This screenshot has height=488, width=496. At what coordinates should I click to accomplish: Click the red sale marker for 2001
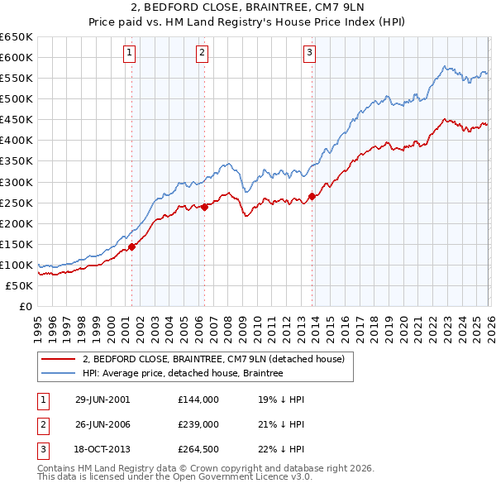(132, 246)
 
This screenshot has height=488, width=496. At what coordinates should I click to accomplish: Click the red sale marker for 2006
(204, 207)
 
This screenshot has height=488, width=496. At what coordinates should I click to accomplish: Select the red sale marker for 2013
(312, 196)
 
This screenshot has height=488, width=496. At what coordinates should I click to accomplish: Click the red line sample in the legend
(60, 359)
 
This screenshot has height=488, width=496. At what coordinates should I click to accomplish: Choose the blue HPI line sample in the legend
(60, 374)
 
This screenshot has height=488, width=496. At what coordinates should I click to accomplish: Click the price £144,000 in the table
(198, 399)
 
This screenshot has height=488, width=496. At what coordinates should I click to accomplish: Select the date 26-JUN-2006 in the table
(103, 424)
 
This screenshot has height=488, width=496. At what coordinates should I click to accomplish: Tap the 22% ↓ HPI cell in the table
(281, 450)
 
